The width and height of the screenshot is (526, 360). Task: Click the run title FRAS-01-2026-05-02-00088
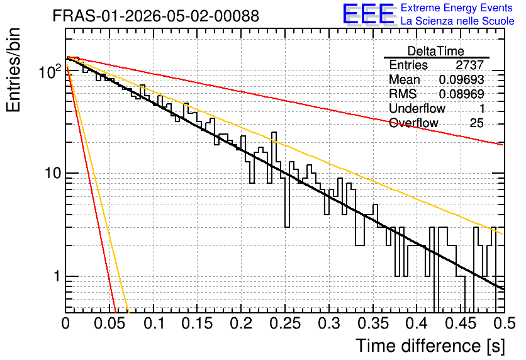coord(156,16)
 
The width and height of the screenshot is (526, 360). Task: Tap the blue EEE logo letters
coord(368,14)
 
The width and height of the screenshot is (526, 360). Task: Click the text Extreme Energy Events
coord(457,8)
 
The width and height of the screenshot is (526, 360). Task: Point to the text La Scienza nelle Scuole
coord(457,21)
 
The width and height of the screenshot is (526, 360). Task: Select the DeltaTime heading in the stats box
coord(436,51)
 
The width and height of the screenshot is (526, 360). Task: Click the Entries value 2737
coord(469,65)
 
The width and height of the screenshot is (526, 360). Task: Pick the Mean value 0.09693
coord(462,79)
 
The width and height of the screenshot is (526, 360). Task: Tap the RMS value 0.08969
coord(462,94)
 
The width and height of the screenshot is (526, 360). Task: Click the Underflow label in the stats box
coord(417,108)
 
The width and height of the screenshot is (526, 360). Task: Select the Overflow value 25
coord(477,123)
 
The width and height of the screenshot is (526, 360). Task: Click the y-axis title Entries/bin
coord(13,70)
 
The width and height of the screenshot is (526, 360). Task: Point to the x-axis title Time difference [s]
coord(430,346)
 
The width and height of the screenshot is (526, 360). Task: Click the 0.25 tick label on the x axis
coord(285,323)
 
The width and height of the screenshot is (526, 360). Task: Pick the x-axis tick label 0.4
coord(417,323)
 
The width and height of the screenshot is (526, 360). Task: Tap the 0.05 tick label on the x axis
coord(109,323)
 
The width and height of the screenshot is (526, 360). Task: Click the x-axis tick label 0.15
coord(198,323)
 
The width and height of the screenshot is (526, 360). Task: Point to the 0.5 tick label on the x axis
coord(505,323)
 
